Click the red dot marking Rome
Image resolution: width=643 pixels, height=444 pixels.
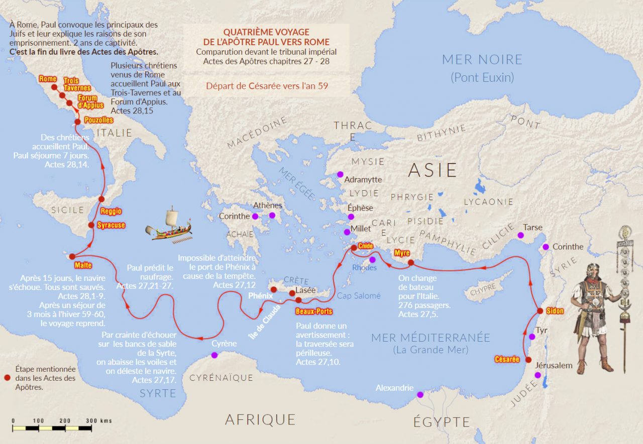[54, 87]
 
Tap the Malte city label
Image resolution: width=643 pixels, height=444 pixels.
[83, 265]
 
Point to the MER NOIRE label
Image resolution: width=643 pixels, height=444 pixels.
[482, 60]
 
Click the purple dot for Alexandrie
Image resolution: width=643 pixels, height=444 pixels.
[420, 394]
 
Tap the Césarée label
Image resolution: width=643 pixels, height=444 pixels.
[507, 359]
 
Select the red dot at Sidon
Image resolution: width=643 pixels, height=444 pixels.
[540, 311]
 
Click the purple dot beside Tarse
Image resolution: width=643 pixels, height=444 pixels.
[520, 235]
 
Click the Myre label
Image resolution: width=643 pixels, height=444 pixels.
[402, 253]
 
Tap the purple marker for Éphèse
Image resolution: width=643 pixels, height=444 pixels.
[351, 217]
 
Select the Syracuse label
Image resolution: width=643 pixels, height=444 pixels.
[111, 225]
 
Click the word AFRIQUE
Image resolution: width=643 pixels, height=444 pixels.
[260, 419]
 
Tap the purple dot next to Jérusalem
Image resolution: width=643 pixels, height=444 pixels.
[538, 375]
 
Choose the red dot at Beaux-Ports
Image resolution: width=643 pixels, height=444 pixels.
[298, 300]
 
